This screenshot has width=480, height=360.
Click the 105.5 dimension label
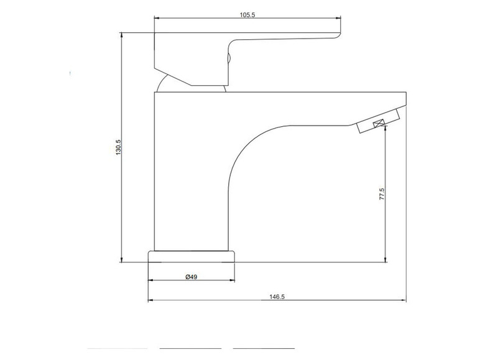[247, 15]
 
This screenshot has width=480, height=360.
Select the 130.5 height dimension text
[119, 147]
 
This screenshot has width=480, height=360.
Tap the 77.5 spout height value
[382, 194]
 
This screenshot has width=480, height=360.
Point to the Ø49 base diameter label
[192, 277]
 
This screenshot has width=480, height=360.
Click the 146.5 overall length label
[277, 297]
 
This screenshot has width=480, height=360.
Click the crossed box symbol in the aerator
[379, 123]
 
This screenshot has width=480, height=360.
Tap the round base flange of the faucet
[192, 257]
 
